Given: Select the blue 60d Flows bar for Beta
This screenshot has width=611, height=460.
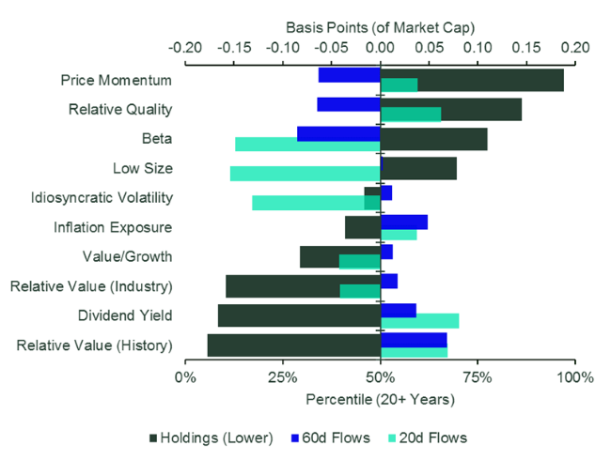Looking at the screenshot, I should tap(338, 133).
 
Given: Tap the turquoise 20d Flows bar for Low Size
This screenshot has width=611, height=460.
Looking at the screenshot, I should tap(305, 174).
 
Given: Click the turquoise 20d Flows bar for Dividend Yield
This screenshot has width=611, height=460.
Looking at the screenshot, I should tap(419, 321).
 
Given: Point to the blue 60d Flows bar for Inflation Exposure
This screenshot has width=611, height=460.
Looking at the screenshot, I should tap(403, 222).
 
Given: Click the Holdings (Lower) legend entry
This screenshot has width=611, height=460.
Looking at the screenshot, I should tap(211, 437).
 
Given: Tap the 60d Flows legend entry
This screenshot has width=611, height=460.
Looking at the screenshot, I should tap(339, 437).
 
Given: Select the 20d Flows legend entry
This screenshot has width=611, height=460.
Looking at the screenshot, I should tap(428, 437).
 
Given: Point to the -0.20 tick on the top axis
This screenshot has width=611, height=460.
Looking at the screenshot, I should tap(186, 45).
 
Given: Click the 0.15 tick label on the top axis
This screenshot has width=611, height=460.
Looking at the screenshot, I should tap(526, 45).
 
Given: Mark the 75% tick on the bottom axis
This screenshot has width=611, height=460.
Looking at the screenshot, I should tap(478, 378).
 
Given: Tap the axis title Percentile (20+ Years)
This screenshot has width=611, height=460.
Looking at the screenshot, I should tap(380, 399).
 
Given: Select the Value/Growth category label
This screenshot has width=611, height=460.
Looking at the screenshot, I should tap(127, 256).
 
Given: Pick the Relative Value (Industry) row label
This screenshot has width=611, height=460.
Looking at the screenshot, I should tap(91, 286).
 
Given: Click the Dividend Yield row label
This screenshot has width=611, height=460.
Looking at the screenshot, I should tap(124, 315).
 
